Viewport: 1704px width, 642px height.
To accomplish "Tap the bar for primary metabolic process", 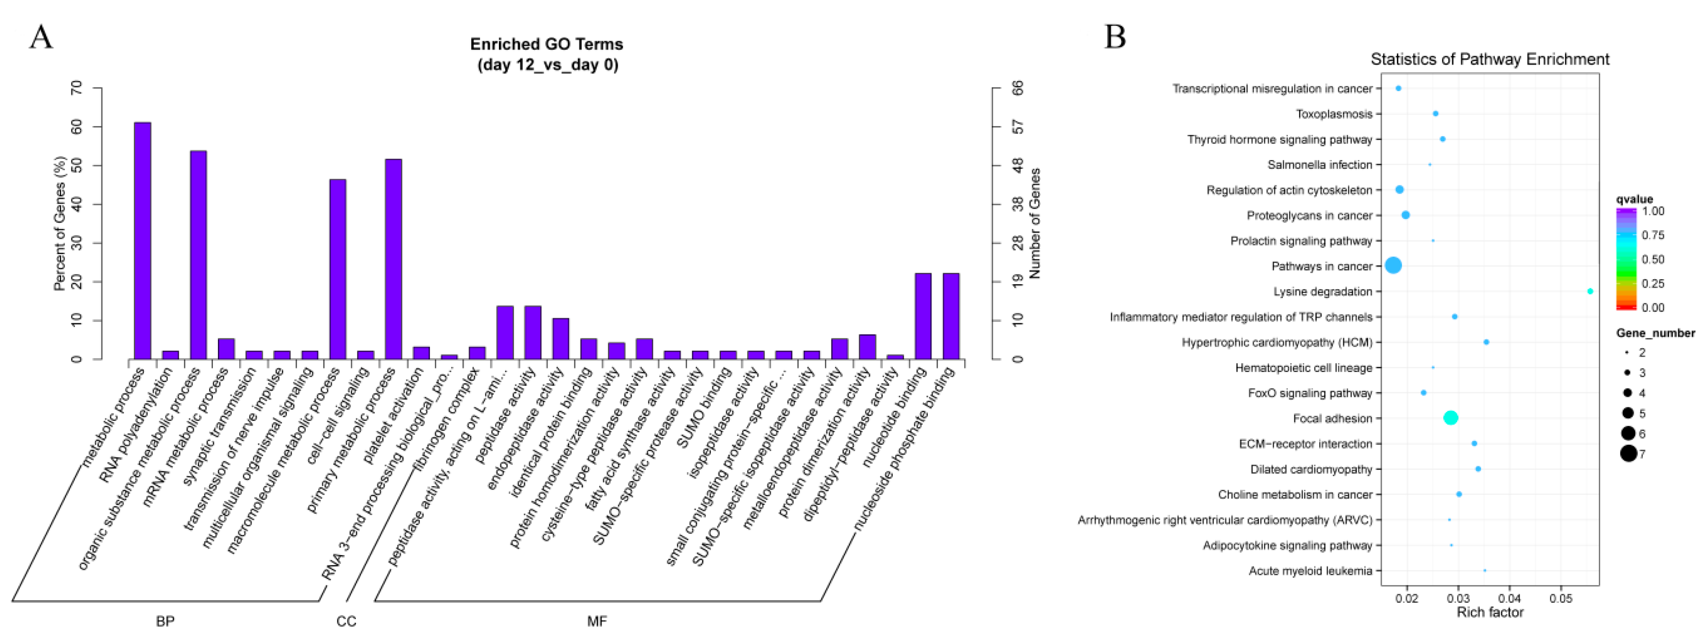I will [393, 259].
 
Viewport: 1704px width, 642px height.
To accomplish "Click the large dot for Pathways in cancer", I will [1393, 265].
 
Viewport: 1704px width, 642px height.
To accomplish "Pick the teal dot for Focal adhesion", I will [1451, 418].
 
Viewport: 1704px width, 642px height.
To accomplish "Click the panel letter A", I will [41, 37].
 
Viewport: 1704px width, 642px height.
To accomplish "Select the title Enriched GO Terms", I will [546, 44].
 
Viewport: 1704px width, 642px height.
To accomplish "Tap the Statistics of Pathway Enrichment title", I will [1490, 59].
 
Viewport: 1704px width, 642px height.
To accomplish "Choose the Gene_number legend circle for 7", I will [1629, 453].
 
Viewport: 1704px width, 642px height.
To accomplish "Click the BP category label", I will [166, 621].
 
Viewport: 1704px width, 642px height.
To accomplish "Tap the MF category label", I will [597, 621].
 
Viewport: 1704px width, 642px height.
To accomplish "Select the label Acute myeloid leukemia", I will [1310, 571].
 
